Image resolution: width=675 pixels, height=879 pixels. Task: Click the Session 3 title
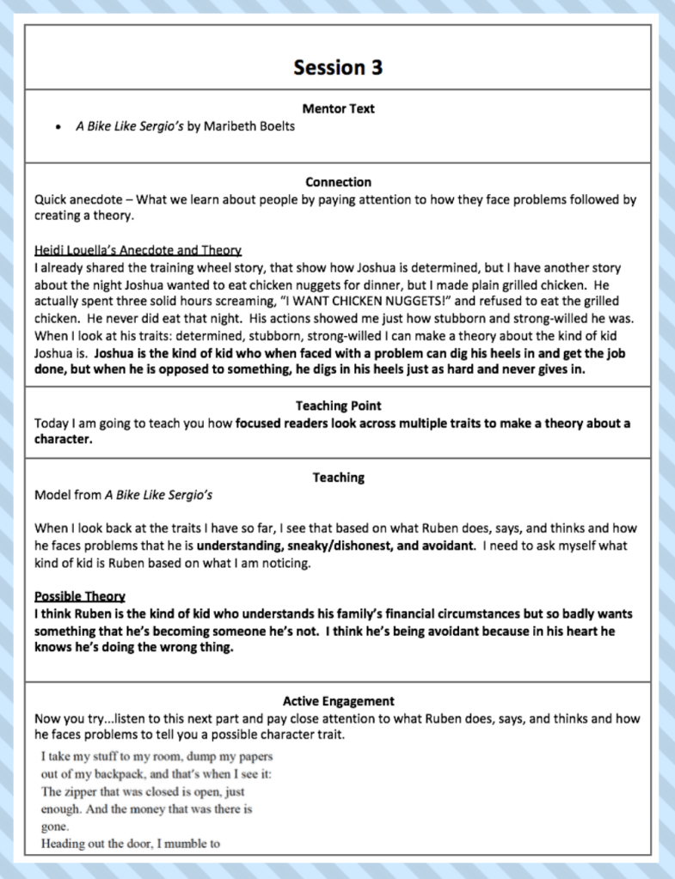338,67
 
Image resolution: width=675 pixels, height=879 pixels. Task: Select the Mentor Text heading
338,109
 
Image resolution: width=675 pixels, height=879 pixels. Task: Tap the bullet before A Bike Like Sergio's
58,126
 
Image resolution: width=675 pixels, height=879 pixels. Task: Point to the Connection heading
338,182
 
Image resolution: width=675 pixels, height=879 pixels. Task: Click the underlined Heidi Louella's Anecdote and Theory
138,250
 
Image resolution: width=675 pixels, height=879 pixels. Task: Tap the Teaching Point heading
338,406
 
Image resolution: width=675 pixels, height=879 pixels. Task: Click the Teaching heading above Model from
338,478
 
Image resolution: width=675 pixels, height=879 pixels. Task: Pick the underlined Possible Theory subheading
80,596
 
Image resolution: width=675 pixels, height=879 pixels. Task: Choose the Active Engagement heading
338,701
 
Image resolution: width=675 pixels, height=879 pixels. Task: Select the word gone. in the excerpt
55,826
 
